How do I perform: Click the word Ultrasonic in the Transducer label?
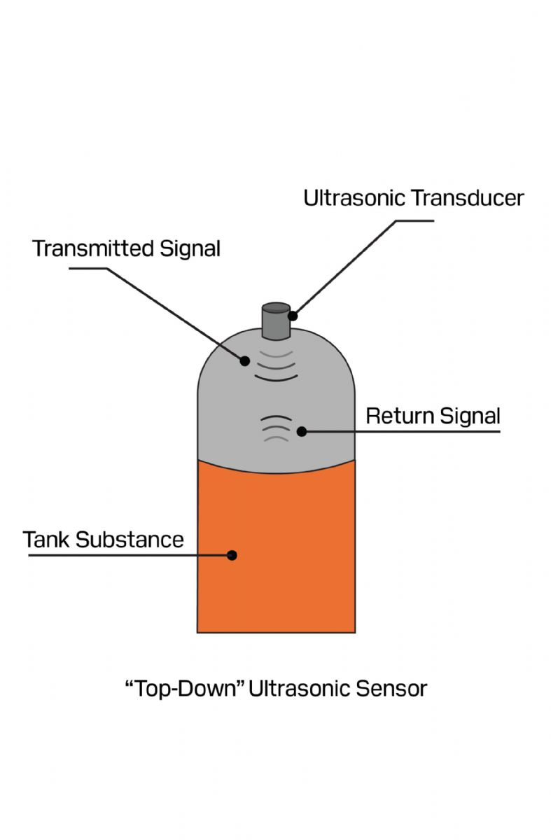click(354, 198)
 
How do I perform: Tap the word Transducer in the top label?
click(467, 198)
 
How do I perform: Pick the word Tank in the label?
click(46, 540)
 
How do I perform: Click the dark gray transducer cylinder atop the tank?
click(275, 321)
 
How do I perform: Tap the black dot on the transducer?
click(293, 316)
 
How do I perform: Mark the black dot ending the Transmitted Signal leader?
click(245, 361)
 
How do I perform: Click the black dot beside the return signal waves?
click(302, 431)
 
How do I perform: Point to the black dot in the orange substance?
click(232, 555)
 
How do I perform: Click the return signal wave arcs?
click(275, 427)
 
